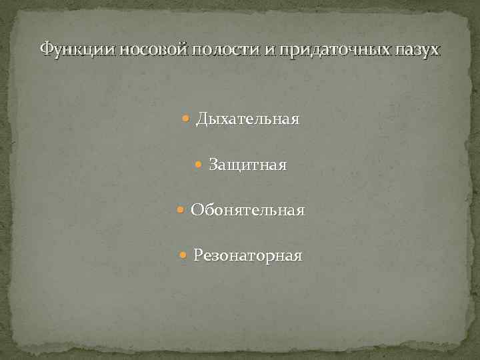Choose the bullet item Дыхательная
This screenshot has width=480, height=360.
coord(247,120)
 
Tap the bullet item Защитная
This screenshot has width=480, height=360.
coord(247,165)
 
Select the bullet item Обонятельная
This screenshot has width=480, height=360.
coord(247,211)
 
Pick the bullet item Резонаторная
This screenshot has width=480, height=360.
coord(247,256)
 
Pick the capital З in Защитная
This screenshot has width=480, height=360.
coord(213,165)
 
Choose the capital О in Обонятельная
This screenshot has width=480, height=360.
coord(197,211)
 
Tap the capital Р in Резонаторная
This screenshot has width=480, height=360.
coord(199,256)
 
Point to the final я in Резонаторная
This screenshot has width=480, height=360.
coord(297,257)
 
